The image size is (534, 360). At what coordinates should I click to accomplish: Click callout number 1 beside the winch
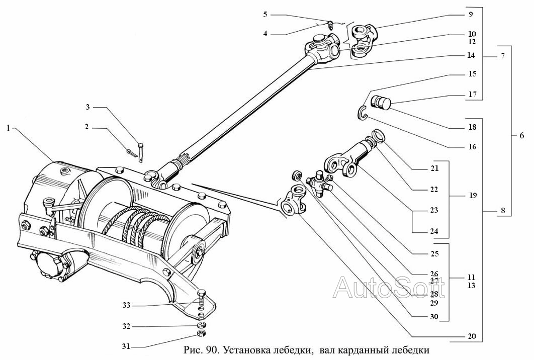[8, 128]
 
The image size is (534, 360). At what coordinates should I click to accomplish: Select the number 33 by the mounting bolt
[126, 305]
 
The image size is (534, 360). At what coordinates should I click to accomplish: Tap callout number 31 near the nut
[126, 346]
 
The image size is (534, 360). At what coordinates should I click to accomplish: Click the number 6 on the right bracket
[521, 135]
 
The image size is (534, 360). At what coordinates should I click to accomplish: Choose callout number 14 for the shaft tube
[472, 55]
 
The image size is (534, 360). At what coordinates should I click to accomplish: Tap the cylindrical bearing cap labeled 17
[382, 103]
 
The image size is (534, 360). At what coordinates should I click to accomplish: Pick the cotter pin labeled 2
[131, 150]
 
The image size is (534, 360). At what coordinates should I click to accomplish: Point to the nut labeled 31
[200, 335]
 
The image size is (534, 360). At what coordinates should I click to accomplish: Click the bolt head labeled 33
[201, 293]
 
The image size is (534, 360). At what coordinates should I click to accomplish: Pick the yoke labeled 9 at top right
[364, 32]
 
